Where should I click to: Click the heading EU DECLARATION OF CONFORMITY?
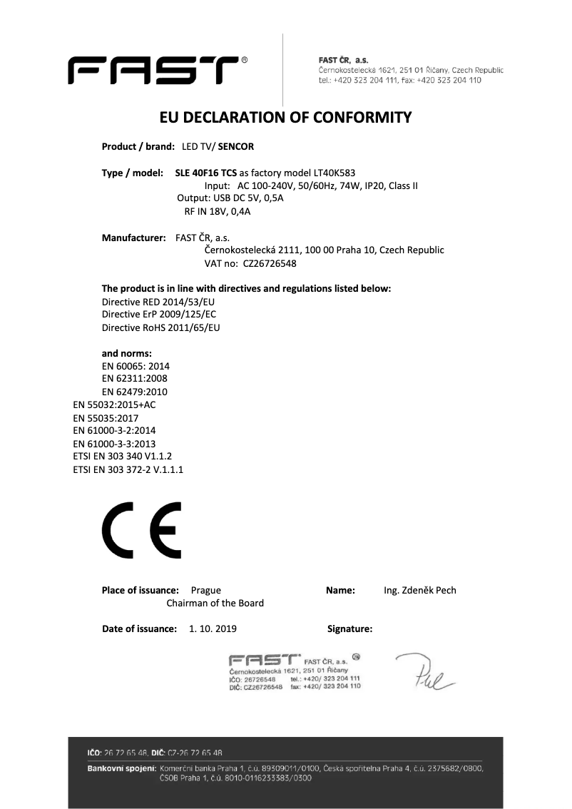(x=285, y=117)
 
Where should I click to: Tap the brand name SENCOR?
(x=236, y=147)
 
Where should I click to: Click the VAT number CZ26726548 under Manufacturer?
(x=270, y=263)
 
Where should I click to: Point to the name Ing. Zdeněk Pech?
(x=419, y=590)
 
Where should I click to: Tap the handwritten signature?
(x=424, y=671)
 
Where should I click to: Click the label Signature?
(x=349, y=629)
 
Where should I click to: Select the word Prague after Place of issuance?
(x=206, y=590)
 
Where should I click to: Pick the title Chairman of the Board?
(x=215, y=603)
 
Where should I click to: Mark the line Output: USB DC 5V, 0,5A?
(x=230, y=198)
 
